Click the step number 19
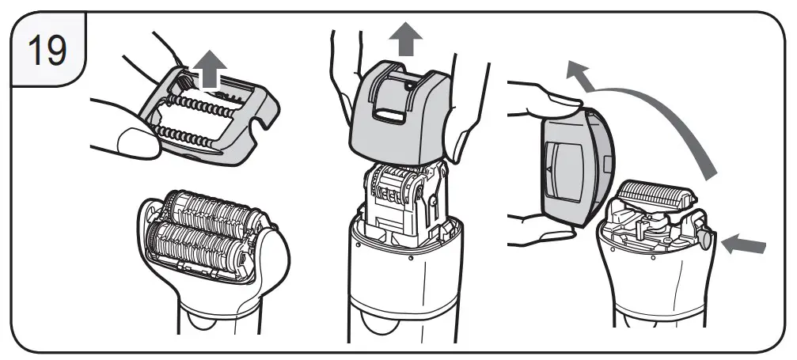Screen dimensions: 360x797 tap(47, 50)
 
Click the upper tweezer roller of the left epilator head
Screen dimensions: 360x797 tap(209, 207)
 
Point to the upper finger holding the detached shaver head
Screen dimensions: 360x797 tap(546, 98)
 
